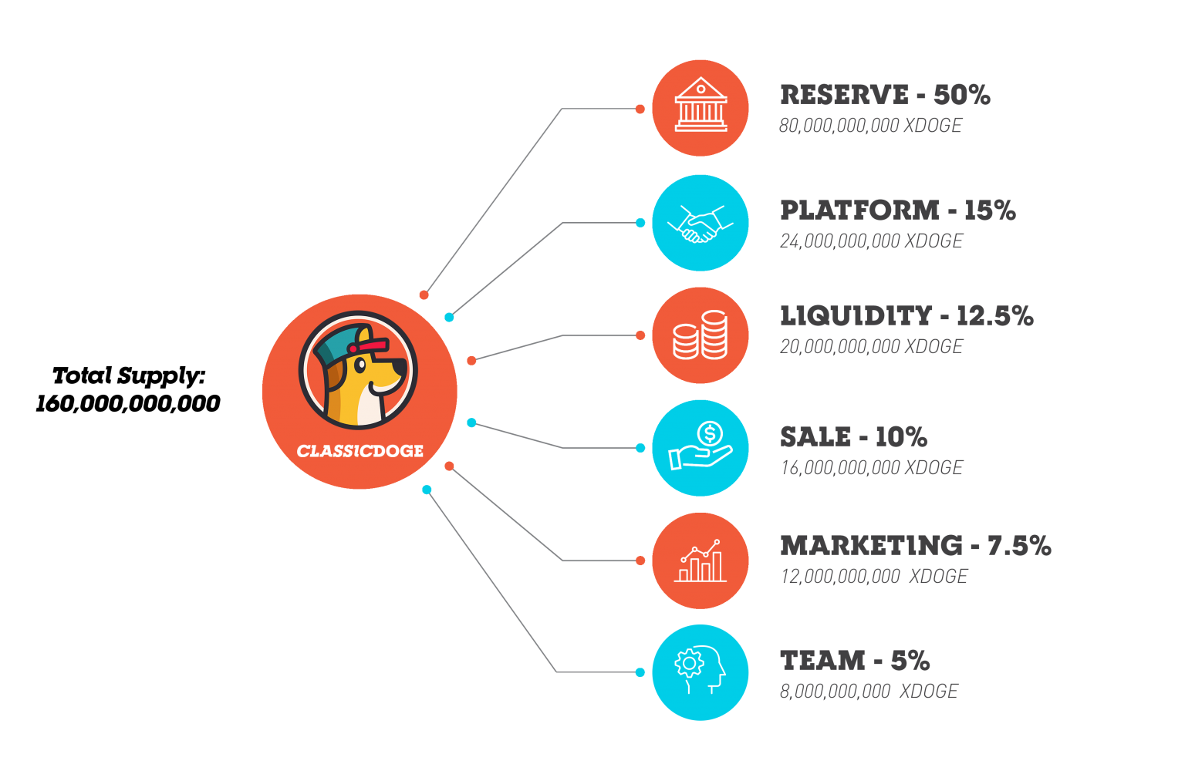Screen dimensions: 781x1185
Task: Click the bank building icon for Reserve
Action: [x=701, y=107]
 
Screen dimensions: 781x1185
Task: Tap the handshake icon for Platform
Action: [x=701, y=223]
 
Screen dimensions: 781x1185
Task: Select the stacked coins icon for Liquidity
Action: [x=701, y=335]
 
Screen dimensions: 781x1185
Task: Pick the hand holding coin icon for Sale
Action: [x=701, y=448]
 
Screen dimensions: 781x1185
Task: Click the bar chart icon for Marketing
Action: [x=701, y=561]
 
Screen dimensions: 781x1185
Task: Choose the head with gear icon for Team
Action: [x=701, y=672]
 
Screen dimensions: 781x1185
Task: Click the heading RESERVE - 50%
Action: [x=884, y=95]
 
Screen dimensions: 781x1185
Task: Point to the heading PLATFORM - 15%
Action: [x=897, y=210]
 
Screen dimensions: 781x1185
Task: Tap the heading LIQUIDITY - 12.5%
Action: [x=906, y=315]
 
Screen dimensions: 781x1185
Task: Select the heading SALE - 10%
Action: [x=853, y=437]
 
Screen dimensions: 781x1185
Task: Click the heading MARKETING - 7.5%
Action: [x=915, y=545]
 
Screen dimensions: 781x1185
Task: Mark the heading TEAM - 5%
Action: [x=855, y=660]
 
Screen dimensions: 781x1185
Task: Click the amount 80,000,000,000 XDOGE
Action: [x=870, y=126]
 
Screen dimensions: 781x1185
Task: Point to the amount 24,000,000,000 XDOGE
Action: [x=871, y=241]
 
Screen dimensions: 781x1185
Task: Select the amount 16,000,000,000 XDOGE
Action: [x=871, y=468]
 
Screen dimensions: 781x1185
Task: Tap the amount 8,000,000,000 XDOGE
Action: [x=869, y=692]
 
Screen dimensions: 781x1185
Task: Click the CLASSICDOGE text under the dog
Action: [x=360, y=451]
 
